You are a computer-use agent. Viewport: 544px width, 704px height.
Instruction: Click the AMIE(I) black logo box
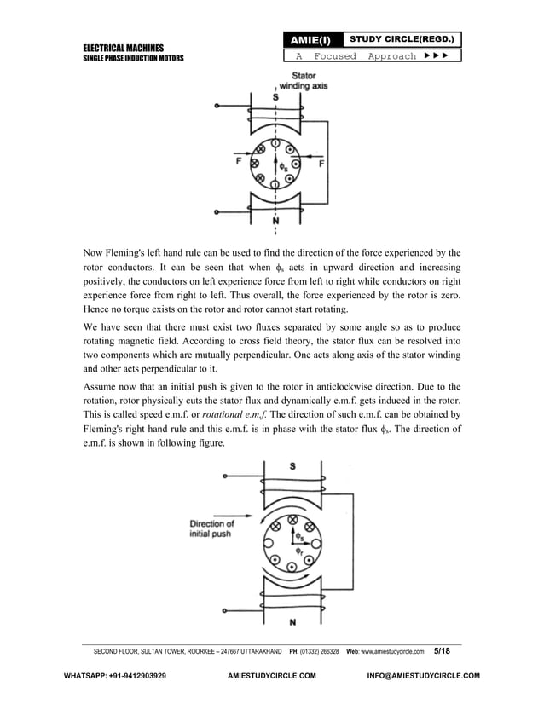(x=313, y=40)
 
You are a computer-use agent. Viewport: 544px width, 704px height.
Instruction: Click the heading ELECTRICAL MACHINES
(x=123, y=47)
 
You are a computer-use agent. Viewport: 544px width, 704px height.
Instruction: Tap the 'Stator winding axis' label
(x=296, y=80)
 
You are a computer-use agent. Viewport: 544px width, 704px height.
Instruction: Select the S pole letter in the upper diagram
(x=275, y=97)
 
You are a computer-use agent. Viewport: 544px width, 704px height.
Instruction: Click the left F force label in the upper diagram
(x=226, y=159)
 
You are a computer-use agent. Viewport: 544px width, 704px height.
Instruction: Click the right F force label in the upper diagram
(x=321, y=162)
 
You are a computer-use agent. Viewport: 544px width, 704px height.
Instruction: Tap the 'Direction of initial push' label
(x=212, y=528)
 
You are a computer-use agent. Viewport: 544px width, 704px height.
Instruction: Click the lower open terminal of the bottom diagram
(x=225, y=610)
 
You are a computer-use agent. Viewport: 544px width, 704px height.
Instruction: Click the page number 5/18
(x=449, y=650)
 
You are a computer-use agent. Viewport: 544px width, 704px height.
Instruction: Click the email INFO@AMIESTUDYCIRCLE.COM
(x=422, y=676)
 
